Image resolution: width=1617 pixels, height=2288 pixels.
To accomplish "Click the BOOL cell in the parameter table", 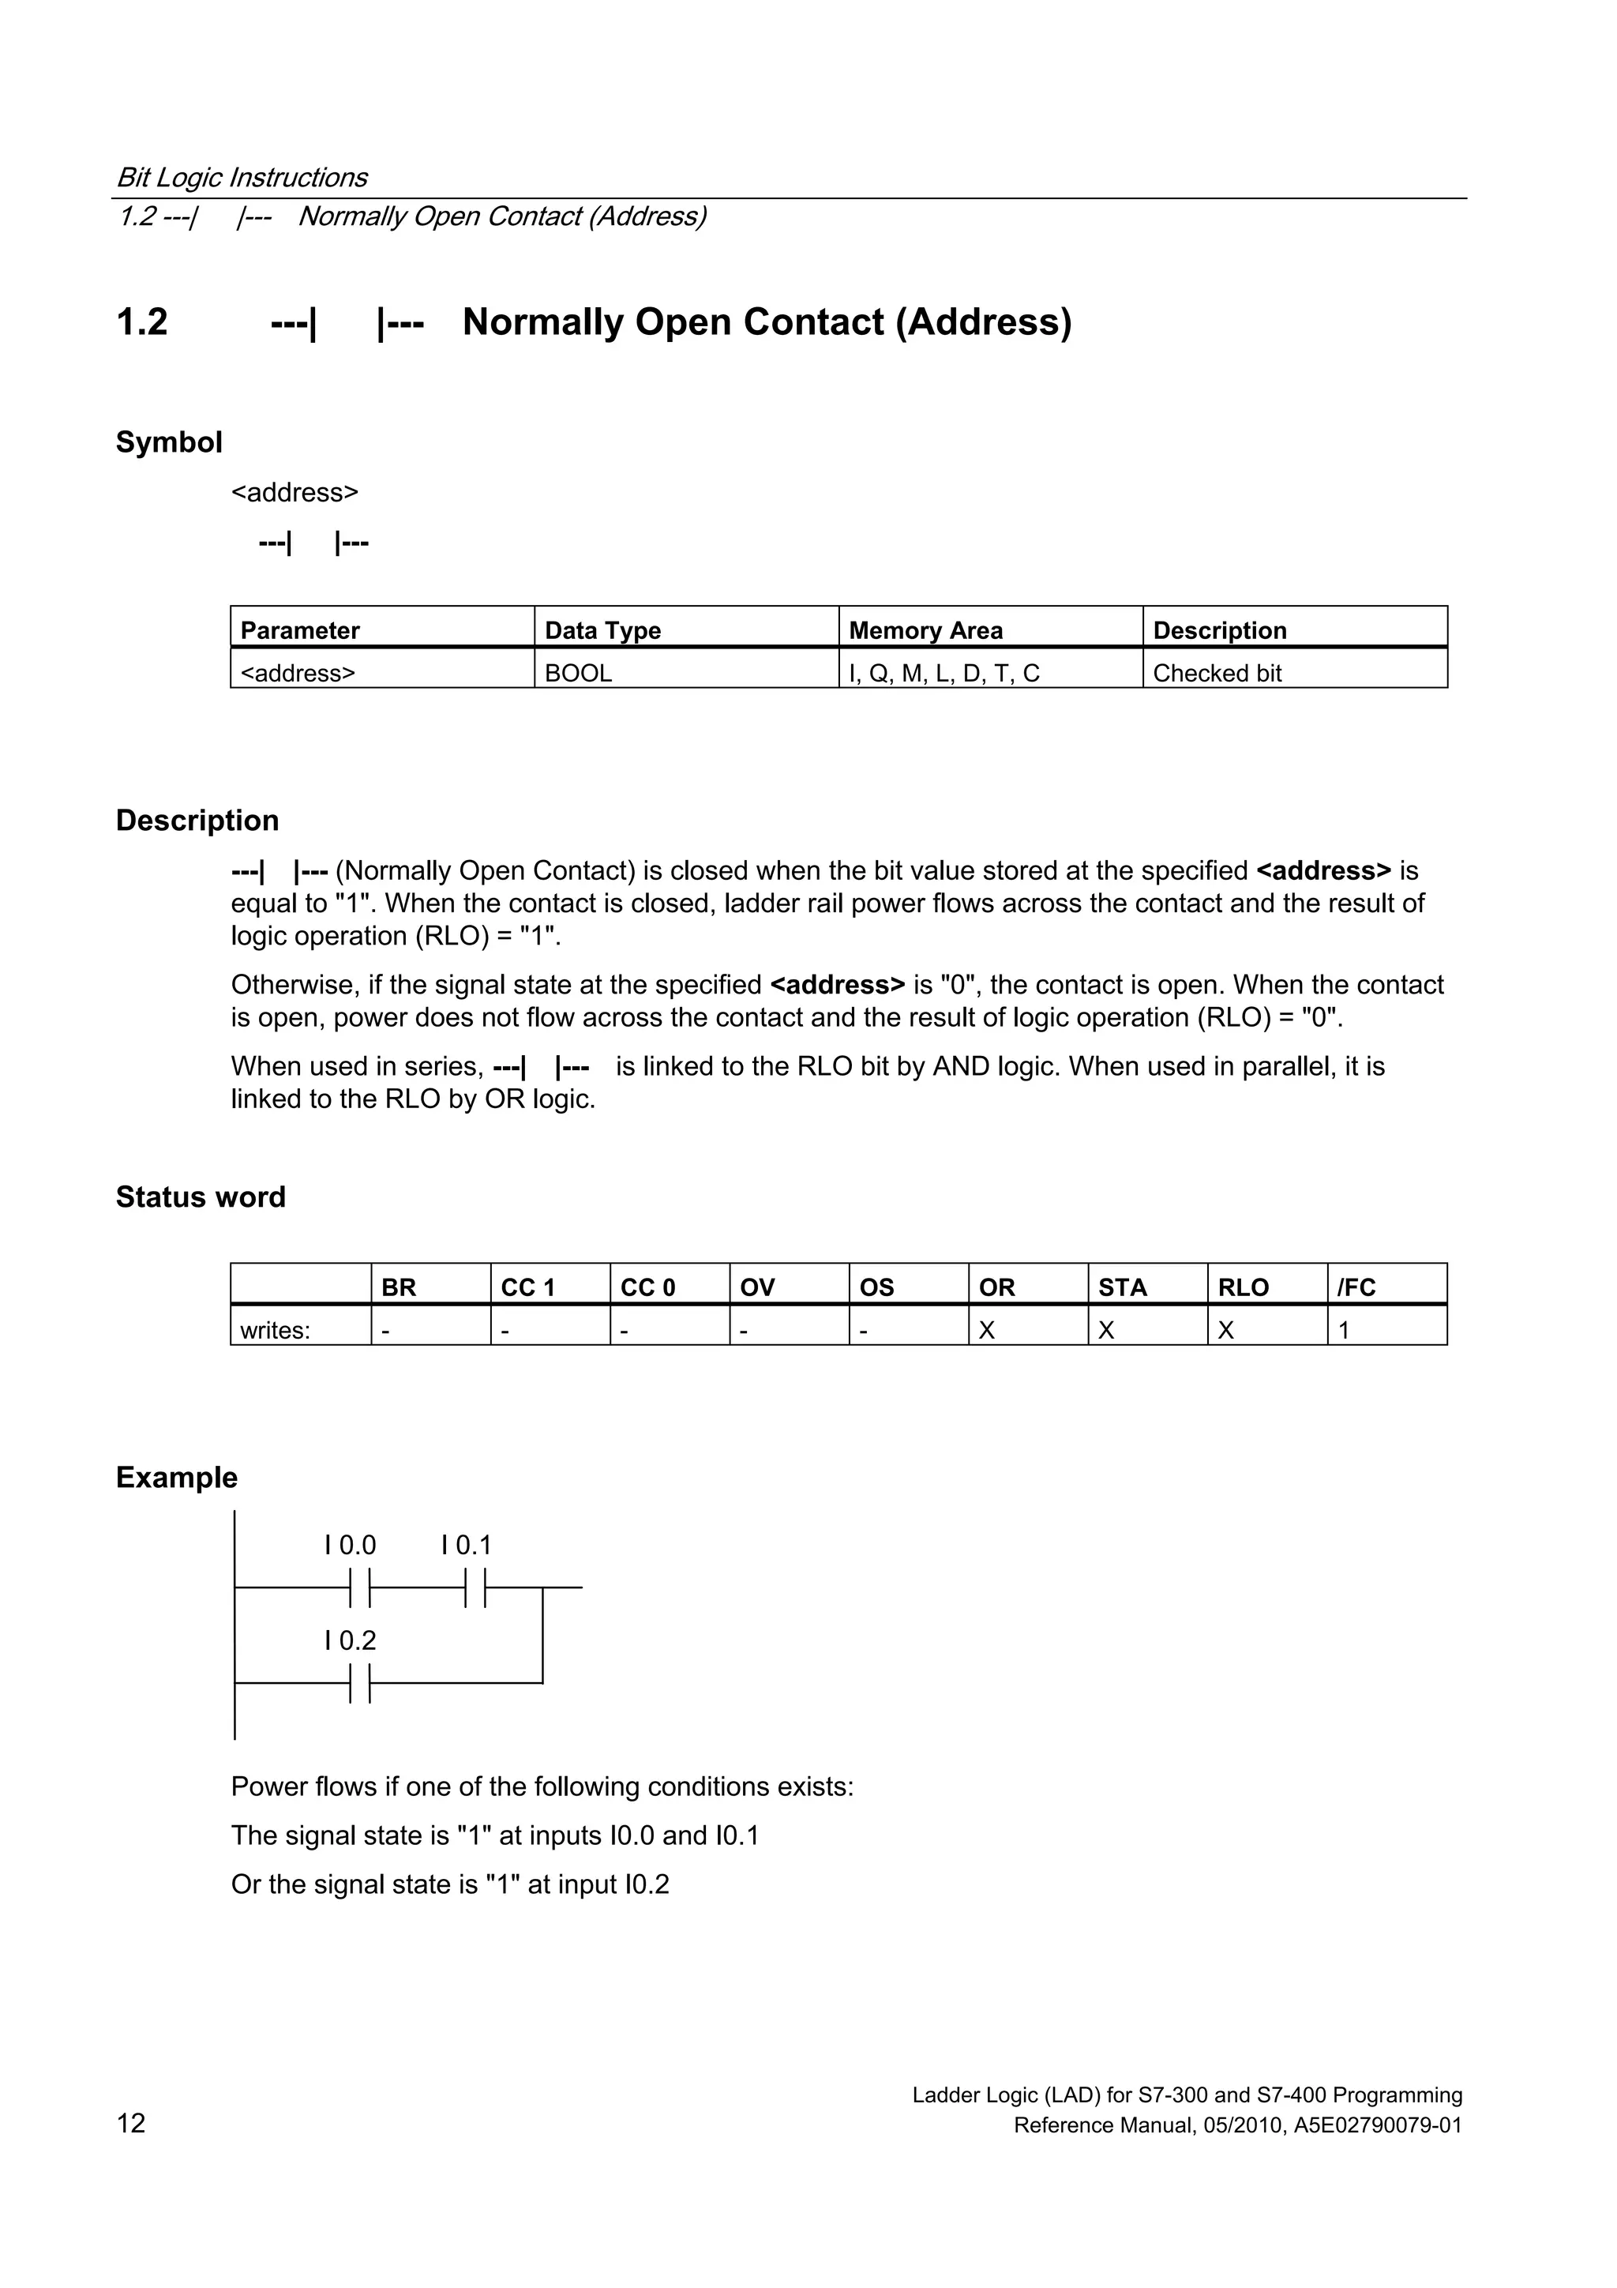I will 578,673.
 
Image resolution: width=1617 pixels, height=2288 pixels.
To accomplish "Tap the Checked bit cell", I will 1217,673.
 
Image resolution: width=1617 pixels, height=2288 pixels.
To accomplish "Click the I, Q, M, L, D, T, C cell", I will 944,673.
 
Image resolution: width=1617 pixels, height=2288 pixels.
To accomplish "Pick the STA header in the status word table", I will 1122,1287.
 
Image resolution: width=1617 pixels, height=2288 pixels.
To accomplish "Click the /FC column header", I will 1356,1287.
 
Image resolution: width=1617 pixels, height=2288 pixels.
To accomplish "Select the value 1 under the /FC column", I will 1344,1329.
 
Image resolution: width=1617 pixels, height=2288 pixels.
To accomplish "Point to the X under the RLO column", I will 1225,1329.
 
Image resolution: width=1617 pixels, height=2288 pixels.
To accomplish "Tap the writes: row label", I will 275,1329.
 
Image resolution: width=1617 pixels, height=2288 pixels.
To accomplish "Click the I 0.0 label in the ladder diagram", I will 350,1545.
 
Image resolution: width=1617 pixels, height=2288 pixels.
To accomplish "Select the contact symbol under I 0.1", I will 475,1587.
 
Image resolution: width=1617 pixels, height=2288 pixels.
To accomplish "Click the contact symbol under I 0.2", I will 360,1683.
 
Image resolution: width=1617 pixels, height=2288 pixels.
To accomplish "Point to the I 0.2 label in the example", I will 350,1640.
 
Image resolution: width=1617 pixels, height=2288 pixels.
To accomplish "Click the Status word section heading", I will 201,1196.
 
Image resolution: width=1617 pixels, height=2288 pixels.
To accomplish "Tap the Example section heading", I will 176,1477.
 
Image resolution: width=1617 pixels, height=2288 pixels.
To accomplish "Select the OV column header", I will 756,1287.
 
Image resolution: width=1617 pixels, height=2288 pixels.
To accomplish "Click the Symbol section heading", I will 168,441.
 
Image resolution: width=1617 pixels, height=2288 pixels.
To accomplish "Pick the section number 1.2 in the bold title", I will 141,322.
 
